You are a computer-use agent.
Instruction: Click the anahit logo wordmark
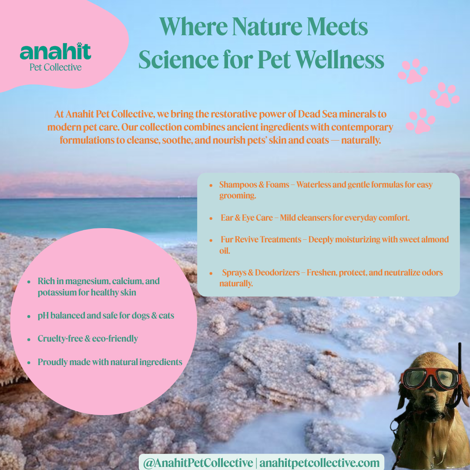[55, 52]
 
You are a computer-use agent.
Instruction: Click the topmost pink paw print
[413, 71]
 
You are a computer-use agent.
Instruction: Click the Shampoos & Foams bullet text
[254, 185]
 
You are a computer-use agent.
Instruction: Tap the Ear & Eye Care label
[247, 218]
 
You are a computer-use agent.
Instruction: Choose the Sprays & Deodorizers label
[261, 273]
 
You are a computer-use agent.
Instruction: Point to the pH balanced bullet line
[106, 316]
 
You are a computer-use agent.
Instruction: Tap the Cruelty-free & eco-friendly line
[87, 339]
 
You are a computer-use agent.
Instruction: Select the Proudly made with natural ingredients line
[110, 362]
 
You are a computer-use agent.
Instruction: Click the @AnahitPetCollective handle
[198, 462]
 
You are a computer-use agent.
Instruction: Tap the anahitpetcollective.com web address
[320, 462]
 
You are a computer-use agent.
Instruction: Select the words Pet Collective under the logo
[55, 67]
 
